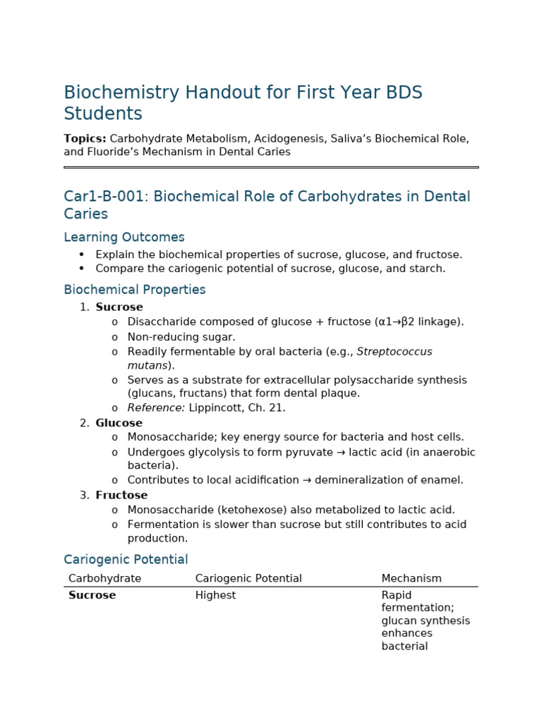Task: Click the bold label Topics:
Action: pyautogui.click(x=85, y=139)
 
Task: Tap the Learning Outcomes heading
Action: pyautogui.click(x=124, y=238)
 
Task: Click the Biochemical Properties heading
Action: pyautogui.click(x=134, y=290)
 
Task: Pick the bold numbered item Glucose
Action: pyautogui.click(x=119, y=423)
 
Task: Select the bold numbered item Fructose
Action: pyautogui.click(x=121, y=495)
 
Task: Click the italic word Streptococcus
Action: pyautogui.click(x=394, y=351)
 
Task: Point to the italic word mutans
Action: pyautogui.click(x=147, y=365)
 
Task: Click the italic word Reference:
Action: pyautogui.click(x=156, y=408)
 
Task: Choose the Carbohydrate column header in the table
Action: pyautogui.click(x=104, y=578)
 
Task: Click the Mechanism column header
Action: pyautogui.click(x=411, y=578)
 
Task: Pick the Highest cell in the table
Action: pyautogui.click(x=215, y=595)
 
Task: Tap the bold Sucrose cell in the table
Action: pyautogui.click(x=92, y=595)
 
